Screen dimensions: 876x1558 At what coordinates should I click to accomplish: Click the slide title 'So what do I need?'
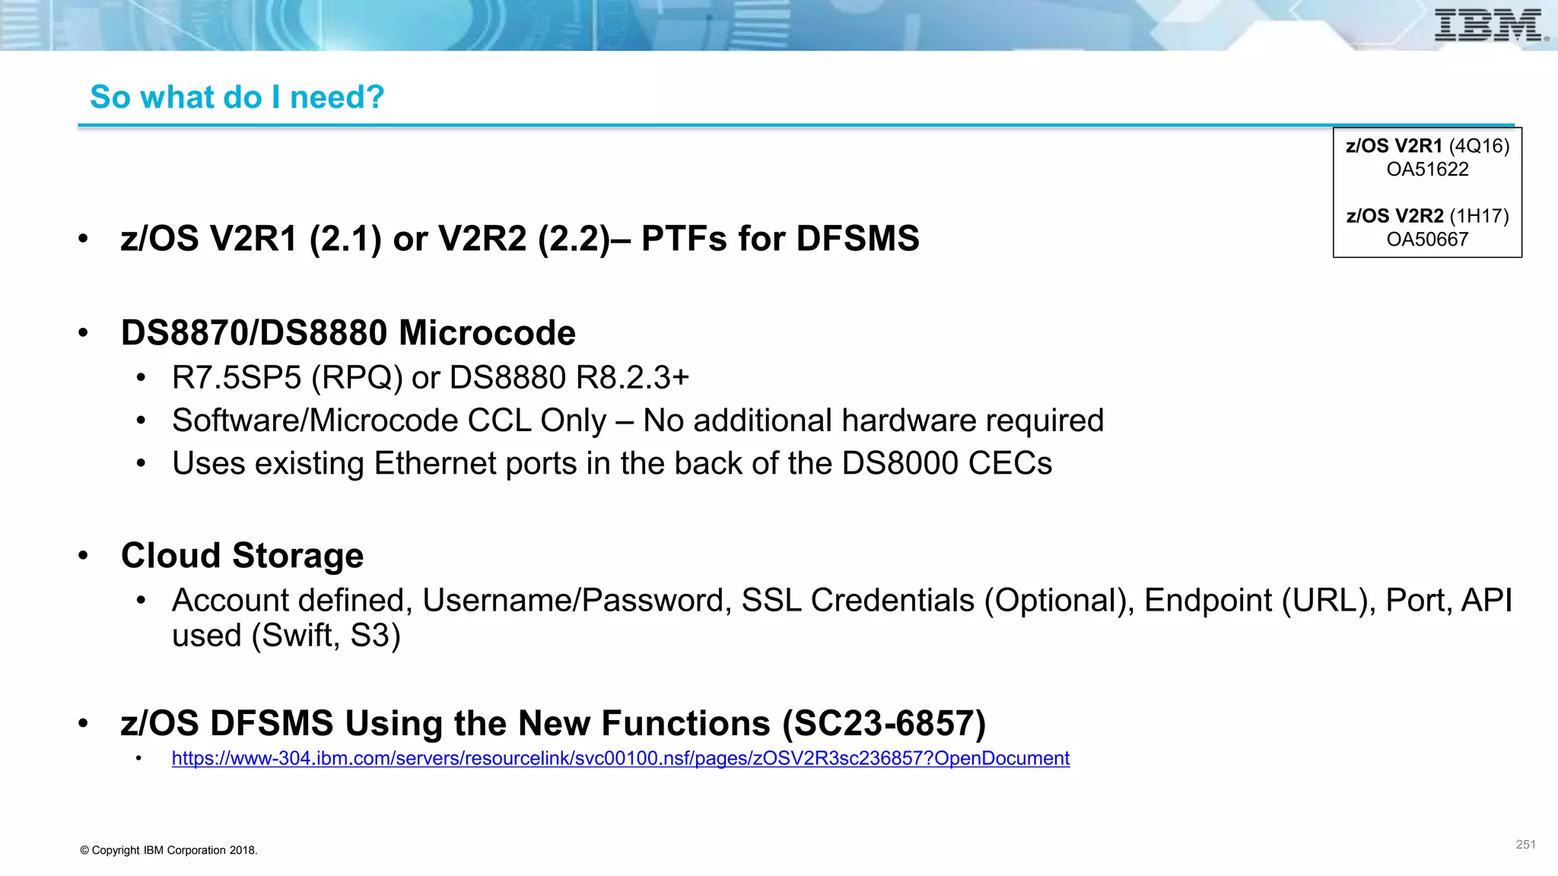pos(237,97)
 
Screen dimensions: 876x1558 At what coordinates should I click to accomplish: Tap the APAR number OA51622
pos(1427,170)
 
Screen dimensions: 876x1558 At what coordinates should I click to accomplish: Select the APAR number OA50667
pos(1427,240)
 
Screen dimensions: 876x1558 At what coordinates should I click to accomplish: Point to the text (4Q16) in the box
pos(1479,146)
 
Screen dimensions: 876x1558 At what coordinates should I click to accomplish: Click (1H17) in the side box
pos(1479,216)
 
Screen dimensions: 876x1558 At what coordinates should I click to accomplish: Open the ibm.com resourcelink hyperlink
pos(620,758)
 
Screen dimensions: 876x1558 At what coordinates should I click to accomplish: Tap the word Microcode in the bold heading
pos(487,333)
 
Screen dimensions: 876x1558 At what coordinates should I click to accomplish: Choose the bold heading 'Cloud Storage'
pos(242,556)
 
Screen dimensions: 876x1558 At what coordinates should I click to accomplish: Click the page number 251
pos(1525,845)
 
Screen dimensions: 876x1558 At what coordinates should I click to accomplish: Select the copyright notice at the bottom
pos(169,850)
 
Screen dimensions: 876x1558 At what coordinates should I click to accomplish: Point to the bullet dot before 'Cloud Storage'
pos(83,556)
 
